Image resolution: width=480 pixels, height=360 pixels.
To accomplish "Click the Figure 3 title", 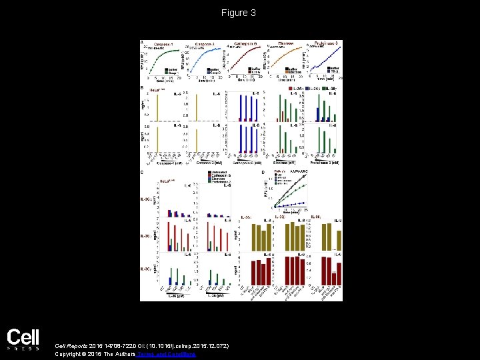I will coord(239,13).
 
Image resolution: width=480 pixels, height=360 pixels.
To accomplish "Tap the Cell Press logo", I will coord(23,338).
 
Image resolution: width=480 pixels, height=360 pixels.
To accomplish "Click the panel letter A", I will coord(141,42).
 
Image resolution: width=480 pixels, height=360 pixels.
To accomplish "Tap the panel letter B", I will coord(141,87).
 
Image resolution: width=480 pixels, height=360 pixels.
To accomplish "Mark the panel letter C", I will coord(141,172).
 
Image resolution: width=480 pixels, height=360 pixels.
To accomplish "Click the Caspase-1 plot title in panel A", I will coord(161,43).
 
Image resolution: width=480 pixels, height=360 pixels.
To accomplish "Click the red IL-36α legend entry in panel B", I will coord(297,87).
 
